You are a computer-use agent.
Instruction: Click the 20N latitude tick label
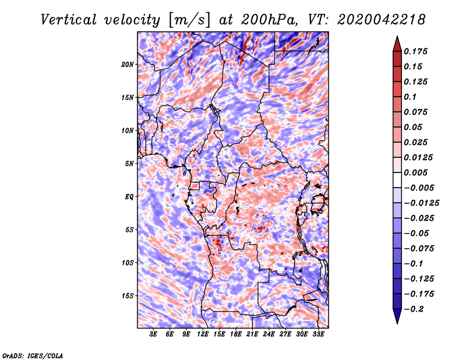click(x=128, y=64)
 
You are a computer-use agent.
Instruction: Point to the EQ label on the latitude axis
click(x=129, y=197)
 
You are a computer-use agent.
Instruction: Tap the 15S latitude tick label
click(x=128, y=296)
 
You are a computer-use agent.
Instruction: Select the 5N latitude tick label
click(x=129, y=164)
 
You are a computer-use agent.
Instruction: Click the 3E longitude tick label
click(x=154, y=334)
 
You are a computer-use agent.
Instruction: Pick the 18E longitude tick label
click(x=236, y=334)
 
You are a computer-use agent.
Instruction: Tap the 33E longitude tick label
click(x=318, y=334)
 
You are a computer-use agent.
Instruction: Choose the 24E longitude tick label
click(x=269, y=334)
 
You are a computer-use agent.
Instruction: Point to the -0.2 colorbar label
click(x=414, y=309)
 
